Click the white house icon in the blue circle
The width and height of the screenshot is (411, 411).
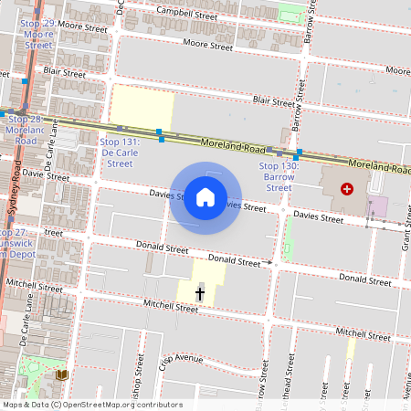[205, 196]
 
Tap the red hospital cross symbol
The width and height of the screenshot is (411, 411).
[346, 188]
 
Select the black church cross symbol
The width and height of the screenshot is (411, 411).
[200, 293]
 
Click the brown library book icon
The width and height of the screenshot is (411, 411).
[62, 374]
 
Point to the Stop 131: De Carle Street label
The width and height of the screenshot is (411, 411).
[120, 153]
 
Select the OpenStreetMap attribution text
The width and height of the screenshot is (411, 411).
[92, 404]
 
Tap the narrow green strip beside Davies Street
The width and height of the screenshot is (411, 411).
[289, 237]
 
